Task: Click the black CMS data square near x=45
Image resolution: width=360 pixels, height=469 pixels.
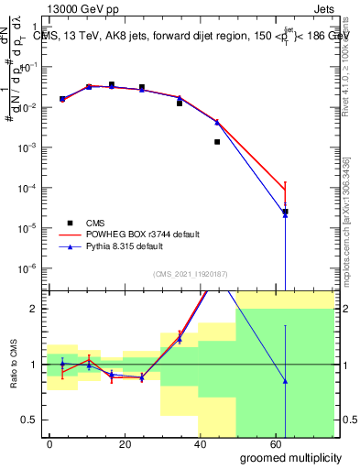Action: (217, 142)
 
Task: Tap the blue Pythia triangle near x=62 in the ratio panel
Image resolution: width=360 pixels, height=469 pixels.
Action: (286, 381)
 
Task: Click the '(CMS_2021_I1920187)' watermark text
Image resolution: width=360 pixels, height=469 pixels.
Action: (190, 275)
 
